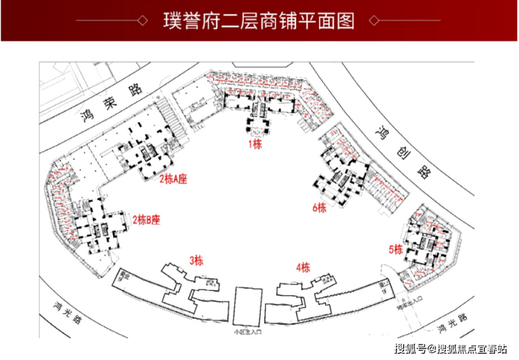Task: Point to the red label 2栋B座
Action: click(x=147, y=220)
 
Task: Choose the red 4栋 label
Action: click(x=303, y=267)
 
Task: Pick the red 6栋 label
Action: click(x=320, y=207)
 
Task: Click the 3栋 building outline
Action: click(x=189, y=284)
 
